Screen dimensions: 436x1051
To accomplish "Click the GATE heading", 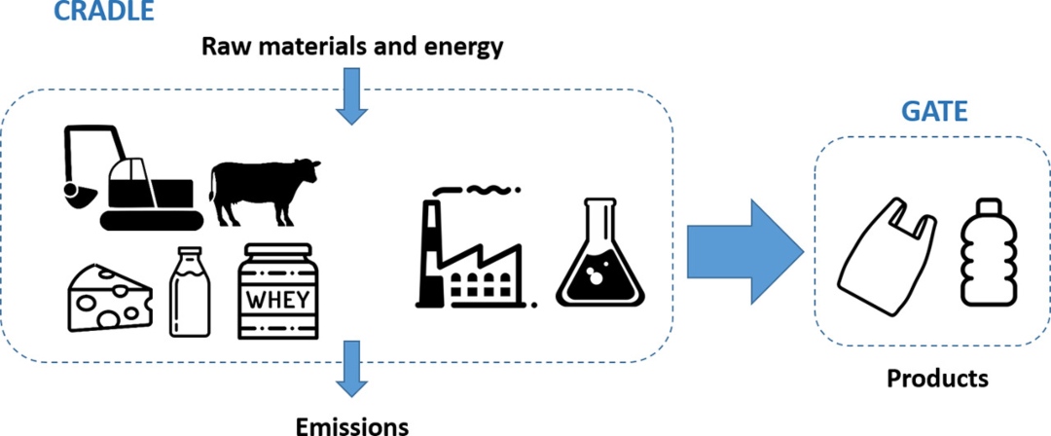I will (932, 112).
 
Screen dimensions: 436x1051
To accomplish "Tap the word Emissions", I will (352, 425).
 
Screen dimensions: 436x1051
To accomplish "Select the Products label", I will (936, 378).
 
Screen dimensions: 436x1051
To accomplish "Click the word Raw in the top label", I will (223, 46).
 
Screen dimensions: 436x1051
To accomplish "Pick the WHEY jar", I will (279, 292).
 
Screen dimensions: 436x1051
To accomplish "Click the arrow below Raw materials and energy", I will (351, 96).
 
